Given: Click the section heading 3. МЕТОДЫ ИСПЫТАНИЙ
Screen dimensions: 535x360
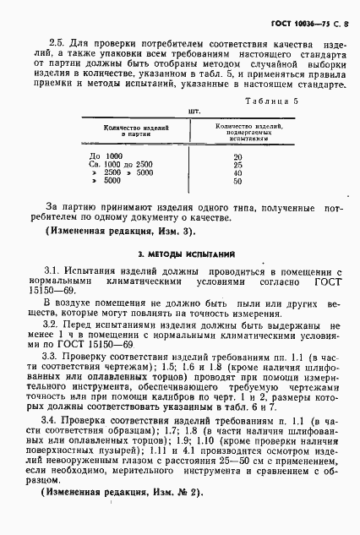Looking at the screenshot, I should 180,253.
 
